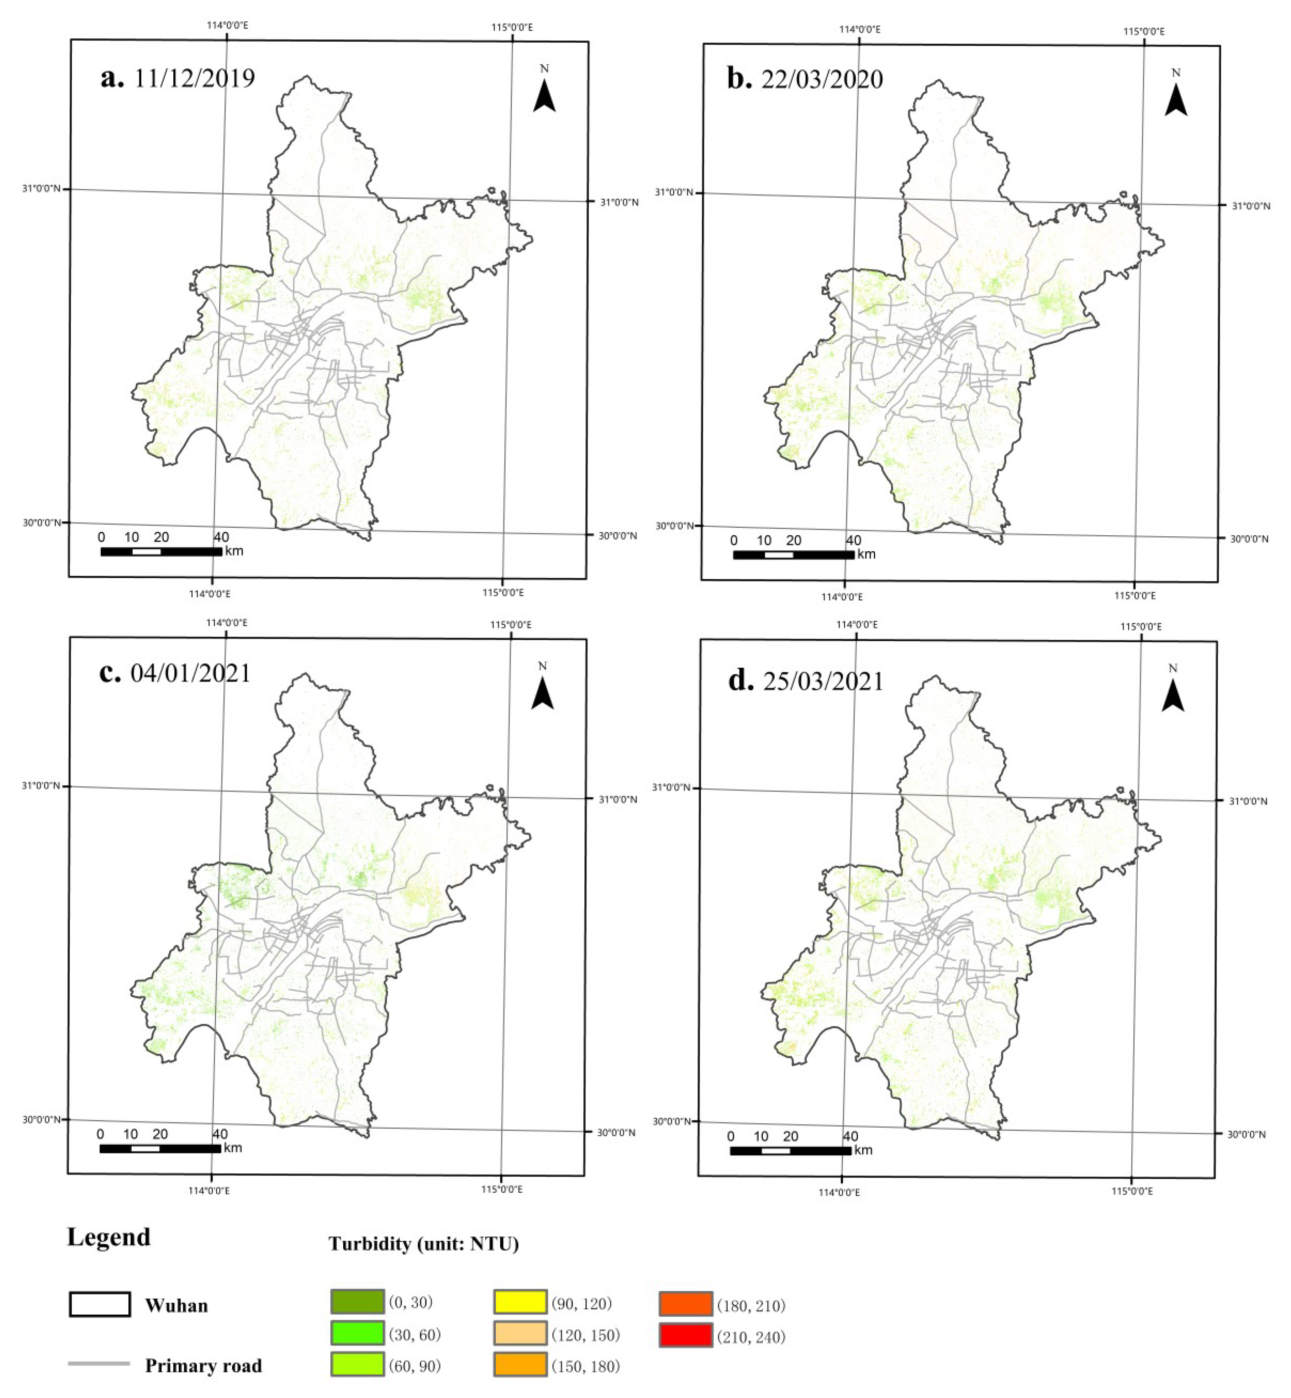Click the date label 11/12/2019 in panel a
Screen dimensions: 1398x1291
tap(194, 78)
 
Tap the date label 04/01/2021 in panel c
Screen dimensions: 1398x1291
tap(190, 673)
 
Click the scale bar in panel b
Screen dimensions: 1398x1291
tap(794, 555)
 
